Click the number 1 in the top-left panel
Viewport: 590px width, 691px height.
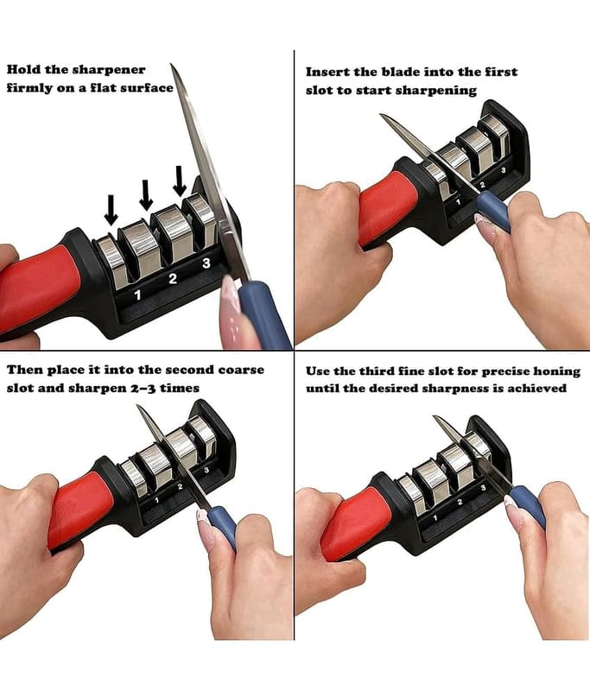tap(138, 295)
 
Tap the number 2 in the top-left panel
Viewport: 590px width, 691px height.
tap(173, 278)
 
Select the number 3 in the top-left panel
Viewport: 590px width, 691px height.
tap(206, 263)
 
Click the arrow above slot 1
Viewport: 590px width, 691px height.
tap(111, 210)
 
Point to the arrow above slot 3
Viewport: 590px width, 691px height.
tap(180, 181)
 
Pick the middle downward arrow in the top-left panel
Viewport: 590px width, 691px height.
tap(146, 195)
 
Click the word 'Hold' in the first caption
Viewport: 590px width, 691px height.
tap(23, 70)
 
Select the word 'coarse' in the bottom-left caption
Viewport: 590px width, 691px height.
tap(242, 370)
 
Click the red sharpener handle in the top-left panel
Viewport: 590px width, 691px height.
tap(37, 288)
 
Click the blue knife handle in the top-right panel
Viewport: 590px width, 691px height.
tap(494, 212)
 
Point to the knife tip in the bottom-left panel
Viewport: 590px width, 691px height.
tap(137, 405)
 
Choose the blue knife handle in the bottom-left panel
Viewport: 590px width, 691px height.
tap(223, 527)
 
